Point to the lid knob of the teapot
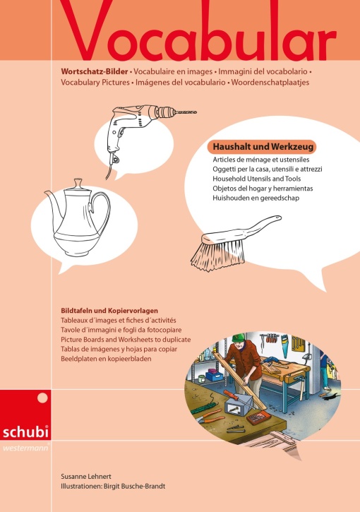[x=77, y=183]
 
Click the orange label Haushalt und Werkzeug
[x=261, y=147]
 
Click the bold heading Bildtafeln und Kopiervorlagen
[x=109, y=311]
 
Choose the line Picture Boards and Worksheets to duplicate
[x=125, y=340]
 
